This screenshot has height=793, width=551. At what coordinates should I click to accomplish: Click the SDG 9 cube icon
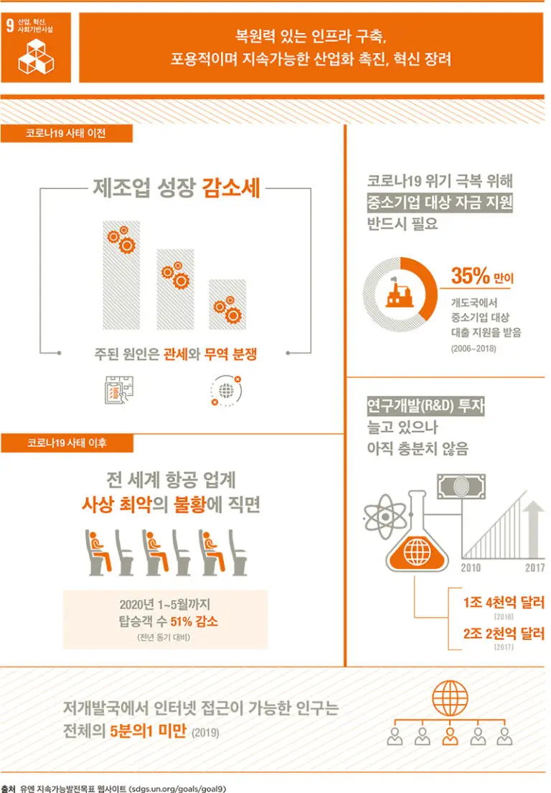(36, 56)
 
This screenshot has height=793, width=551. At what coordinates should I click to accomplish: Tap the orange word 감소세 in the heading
(231, 188)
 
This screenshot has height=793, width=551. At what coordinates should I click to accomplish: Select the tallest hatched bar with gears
(121, 275)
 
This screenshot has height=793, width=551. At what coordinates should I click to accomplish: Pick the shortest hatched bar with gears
(227, 305)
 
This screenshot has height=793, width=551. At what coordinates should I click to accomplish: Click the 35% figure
(470, 276)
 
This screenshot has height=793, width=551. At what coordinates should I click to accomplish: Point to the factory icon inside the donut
(400, 293)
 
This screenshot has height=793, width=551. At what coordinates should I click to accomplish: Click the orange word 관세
(176, 354)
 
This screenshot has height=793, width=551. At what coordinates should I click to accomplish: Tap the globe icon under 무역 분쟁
(226, 391)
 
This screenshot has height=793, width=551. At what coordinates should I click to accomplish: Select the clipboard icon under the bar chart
(119, 390)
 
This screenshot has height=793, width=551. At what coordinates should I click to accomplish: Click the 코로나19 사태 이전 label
(66, 134)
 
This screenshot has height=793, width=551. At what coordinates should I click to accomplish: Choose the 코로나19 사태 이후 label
(67, 443)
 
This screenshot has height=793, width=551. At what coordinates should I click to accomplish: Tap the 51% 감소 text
(194, 621)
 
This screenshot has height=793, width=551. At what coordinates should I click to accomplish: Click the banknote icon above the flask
(461, 487)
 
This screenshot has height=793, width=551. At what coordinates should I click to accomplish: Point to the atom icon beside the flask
(385, 517)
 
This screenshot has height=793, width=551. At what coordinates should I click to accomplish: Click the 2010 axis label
(471, 568)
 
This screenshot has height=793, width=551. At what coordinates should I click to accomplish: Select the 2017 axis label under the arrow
(534, 568)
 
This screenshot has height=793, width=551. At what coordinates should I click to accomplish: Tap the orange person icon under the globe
(450, 736)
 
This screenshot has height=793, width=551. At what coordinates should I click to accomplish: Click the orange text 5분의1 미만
(149, 731)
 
